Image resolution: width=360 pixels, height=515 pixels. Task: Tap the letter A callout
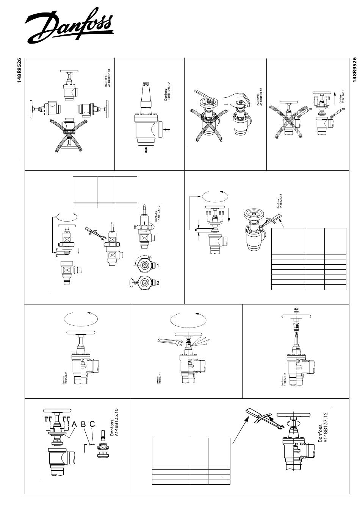[x=75, y=425]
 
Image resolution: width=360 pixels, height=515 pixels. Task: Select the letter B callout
[x=84, y=425]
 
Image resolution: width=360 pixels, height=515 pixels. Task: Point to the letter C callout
[x=92, y=425]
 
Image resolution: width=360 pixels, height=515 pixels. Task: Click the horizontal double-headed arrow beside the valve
[x=166, y=130]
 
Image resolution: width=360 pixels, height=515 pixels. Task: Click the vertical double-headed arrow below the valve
[x=146, y=151]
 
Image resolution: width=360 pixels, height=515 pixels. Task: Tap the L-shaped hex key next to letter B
[x=84, y=447]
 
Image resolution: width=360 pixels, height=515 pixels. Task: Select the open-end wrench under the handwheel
[x=169, y=342]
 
